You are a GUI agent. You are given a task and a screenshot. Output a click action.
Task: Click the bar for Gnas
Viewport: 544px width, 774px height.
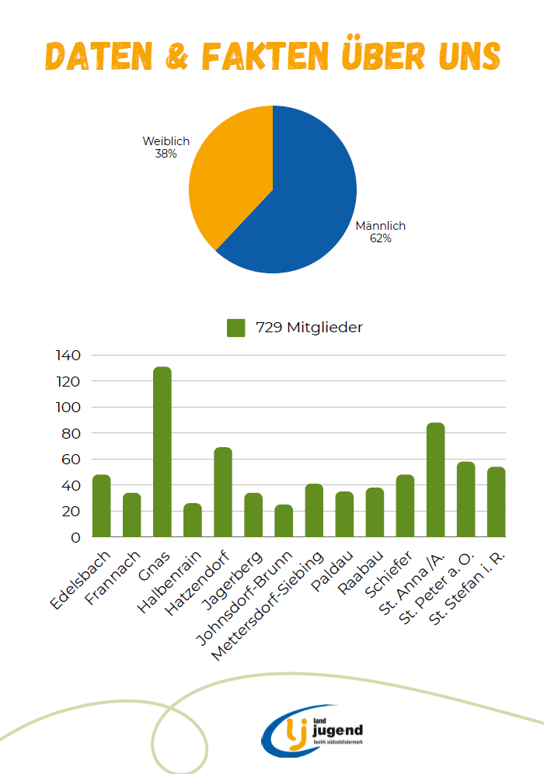(x=162, y=452)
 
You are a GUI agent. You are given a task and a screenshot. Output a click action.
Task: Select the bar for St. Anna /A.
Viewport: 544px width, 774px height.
(x=435, y=480)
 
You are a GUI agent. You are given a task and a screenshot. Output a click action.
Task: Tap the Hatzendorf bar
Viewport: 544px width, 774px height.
(x=223, y=492)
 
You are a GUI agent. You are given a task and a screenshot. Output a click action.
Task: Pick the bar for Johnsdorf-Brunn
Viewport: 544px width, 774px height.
(x=284, y=521)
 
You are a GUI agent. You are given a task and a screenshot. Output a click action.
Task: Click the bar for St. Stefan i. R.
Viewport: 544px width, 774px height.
(x=496, y=502)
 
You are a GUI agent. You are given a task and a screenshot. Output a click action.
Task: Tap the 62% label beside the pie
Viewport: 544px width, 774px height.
(x=381, y=239)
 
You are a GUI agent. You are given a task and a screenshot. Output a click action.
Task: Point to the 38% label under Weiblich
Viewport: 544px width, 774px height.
(x=166, y=154)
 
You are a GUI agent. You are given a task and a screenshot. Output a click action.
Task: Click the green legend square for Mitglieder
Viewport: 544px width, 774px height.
(x=235, y=328)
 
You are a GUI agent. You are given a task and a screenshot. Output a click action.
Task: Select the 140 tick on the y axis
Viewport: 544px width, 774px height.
(x=68, y=356)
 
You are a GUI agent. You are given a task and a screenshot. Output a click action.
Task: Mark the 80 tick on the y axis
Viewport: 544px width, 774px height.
(x=71, y=433)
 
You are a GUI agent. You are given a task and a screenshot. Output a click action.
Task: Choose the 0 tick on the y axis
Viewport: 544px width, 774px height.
(x=76, y=537)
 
